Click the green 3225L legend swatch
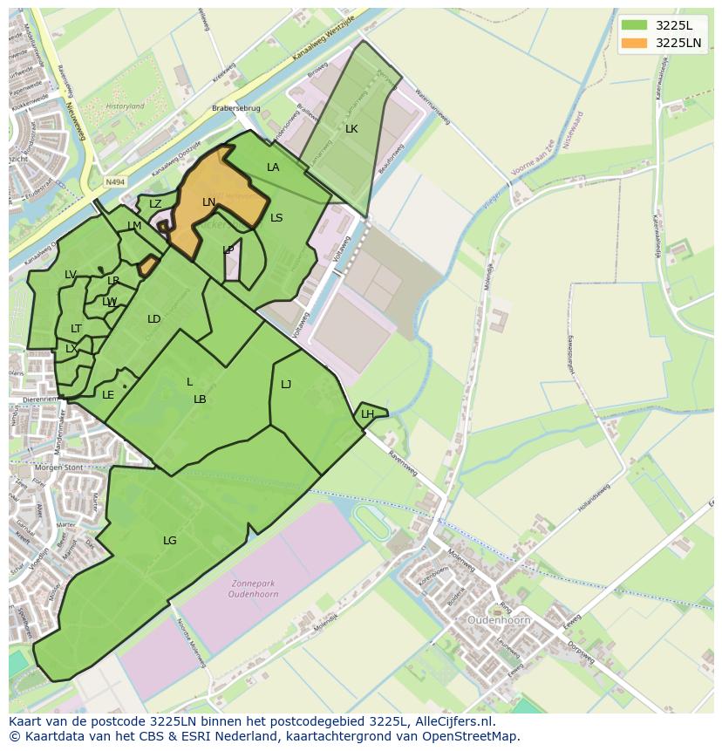[634, 25]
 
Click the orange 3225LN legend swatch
[634, 43]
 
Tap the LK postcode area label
[351, 129]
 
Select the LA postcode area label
[273, 167]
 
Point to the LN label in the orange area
[209, 202]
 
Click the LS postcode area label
[276, 218]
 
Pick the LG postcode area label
[170, 541]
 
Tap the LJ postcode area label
[286, 384]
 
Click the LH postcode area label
[367, 414]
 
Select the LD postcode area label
[154, 319]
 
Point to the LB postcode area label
[200, 399]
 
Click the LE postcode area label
[108, 395]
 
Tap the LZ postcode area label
[155, 204]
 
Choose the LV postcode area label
[71, 275]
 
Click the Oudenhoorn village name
[499, 620]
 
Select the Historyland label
[125, 106]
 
